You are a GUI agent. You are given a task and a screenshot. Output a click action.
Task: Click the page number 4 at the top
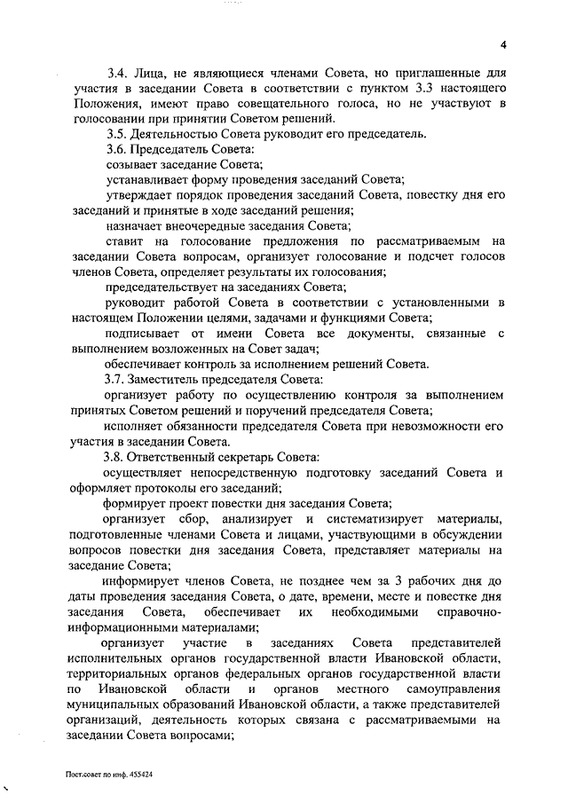502,45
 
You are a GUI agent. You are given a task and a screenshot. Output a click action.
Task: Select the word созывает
133,164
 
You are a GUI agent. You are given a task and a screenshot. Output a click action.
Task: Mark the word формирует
136,502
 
